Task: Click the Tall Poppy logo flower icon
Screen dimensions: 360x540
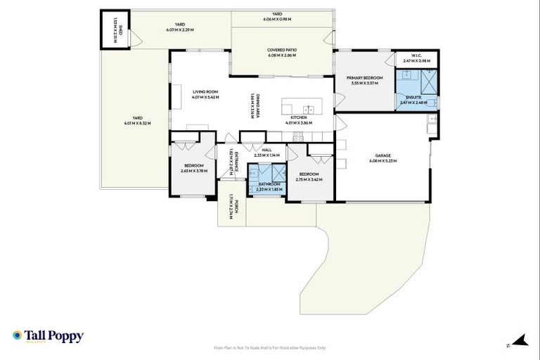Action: click(17, 335)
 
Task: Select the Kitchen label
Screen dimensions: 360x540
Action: click(299, 117)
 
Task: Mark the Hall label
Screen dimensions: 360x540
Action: click(266, 150)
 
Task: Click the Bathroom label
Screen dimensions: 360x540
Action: click(269, 184)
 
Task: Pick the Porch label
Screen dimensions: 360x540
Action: click(238, 206)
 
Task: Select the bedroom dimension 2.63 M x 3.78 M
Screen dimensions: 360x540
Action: click(194, 171)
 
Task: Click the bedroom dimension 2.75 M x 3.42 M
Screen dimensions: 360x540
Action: click(309, 179)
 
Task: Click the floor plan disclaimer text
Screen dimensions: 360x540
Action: click(269, 347)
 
